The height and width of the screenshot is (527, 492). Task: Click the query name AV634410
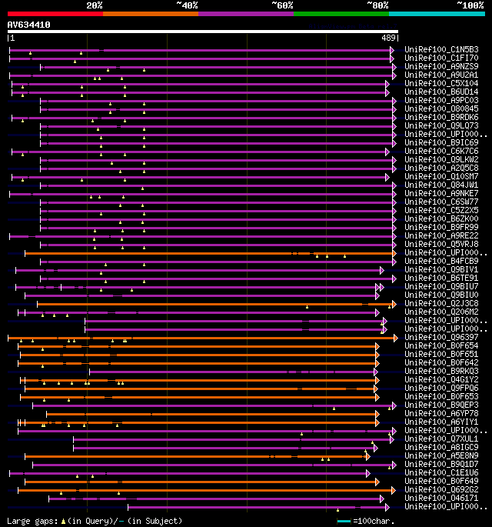point(29,25)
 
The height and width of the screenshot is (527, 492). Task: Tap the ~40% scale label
point(187,5)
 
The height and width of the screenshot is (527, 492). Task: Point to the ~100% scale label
point(470,5)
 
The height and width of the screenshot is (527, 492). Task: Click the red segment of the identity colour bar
point(55,13)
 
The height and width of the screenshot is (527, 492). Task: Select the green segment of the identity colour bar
point(341,13)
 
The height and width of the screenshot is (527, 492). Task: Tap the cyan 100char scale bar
point(344,521)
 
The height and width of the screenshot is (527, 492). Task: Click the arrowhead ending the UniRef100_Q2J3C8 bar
point(393,304)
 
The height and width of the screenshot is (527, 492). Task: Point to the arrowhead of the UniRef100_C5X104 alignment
point(388,84)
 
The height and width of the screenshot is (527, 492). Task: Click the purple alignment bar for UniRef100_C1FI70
point(200,58)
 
